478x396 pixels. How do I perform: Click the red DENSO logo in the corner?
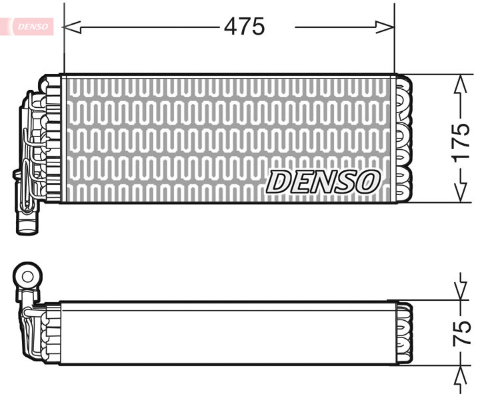click(31, 25)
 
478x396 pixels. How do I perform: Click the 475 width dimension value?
click(244, 27)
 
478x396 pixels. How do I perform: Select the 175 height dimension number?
click(461, 141)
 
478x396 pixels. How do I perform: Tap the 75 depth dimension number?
click(461, 331)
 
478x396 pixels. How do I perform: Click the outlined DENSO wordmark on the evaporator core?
click(324, 181)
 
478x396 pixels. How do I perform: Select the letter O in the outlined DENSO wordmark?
click(367, 181)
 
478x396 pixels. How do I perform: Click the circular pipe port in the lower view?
click(28, 276)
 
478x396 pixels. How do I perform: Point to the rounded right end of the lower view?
click(406, 333)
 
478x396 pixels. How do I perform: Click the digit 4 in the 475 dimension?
click(231, 27)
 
